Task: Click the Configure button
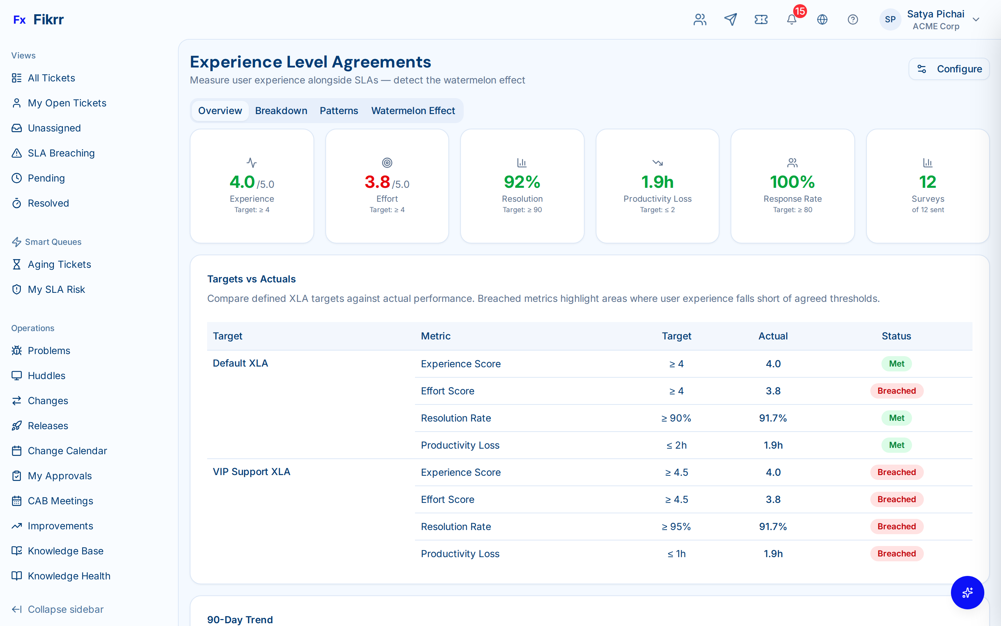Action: [949, 69]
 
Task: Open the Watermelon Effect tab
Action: [413, 111]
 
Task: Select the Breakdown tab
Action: [281, 111]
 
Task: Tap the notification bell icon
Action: [791, 19]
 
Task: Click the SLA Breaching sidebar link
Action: [61, 153]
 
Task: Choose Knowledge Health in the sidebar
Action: [69, 576]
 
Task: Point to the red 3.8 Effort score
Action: [377, 182]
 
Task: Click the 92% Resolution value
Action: [522, 182]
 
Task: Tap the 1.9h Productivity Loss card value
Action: [657, 182]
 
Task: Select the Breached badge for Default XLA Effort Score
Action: [896, 391]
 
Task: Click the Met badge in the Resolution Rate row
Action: [896, 418]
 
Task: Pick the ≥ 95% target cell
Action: [676, 527]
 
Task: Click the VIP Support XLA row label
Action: [251, 472]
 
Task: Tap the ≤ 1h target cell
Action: [676, 554]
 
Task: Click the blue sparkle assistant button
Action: [967, 593]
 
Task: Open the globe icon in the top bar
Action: [822, 19]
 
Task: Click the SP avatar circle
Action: [890, 19]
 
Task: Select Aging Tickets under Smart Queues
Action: [59, 264]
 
